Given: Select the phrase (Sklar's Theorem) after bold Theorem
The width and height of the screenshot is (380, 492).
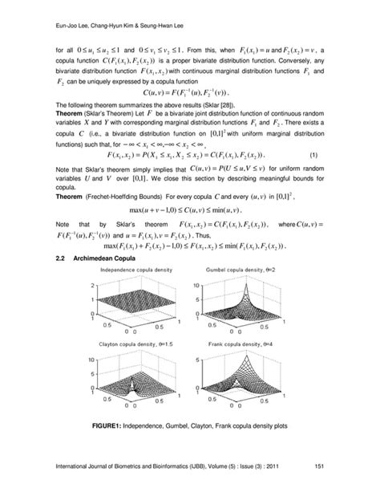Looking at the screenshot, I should [111, 116].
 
